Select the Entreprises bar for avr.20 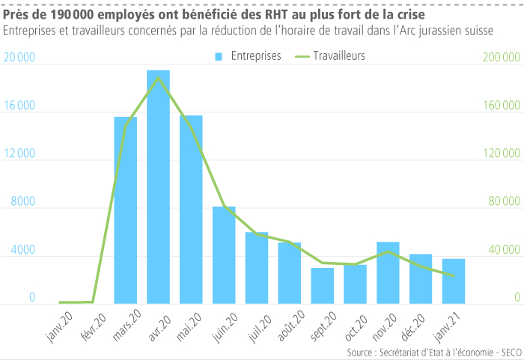[158, 187]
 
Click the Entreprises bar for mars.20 [125, 210]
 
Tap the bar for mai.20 [191, 210]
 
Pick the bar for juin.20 [224, 255]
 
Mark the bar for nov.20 [388, 273]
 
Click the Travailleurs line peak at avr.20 [158, 77]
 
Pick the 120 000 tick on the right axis [501, 154]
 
